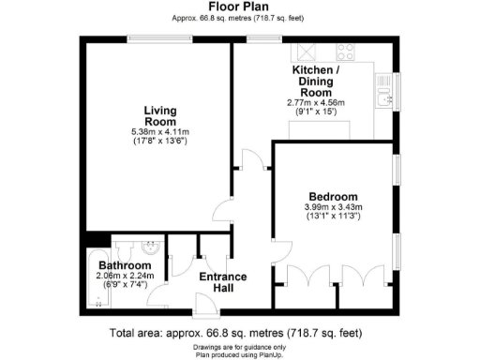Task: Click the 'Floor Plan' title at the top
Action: (239, 7)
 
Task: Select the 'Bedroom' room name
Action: (333, 196)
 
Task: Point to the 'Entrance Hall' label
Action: (223, 282)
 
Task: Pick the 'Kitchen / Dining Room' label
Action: (316, 82)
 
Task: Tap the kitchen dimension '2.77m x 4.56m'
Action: (316, 102)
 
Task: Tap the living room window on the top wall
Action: (155, 38)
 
